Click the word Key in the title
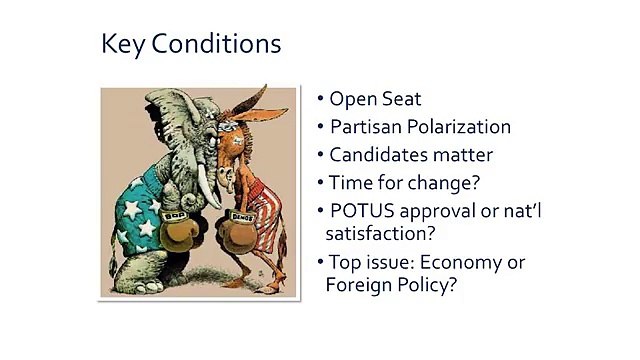(122, 44)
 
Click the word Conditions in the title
(216, 43)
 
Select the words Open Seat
(375, 99)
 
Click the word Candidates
(378, 155)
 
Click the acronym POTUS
(362, 211)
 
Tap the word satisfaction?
(381, 233)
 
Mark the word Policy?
(423, 284)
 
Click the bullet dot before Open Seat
(320, 98)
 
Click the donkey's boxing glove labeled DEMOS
(238, 231)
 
